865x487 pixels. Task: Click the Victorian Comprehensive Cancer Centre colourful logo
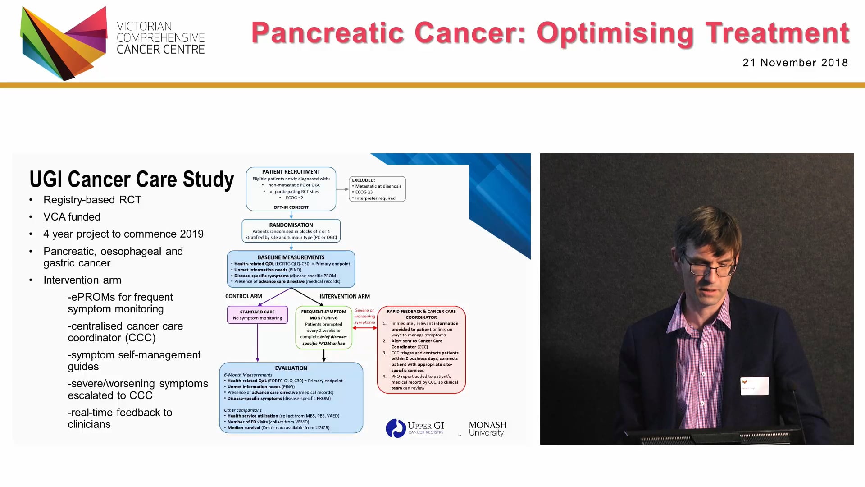click(x=64, y=43)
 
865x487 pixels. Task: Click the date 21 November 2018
click(x=795, y=63)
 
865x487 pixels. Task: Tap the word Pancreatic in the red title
click(x=328, y=33)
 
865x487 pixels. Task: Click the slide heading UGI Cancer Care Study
click(x=132, y=179)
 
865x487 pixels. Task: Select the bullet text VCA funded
click(x=72, y=217)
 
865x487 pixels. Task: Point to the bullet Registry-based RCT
click(x=92, y=200)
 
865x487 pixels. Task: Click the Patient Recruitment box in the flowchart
click(x=291, y=188)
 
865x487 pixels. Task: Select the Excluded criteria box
click(x=377, y=189)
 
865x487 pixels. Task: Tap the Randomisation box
click(x=291, y=231)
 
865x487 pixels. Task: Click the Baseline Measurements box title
click(x=291, y=257)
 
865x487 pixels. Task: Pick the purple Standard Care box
click(x=257, y=315)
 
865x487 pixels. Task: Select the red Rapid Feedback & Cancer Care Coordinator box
click(x=421, y=349)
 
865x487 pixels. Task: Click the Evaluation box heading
click(x=291, y=368)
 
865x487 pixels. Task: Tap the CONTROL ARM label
click(x=244, y=296)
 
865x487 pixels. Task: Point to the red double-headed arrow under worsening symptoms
click(x=364, y=328)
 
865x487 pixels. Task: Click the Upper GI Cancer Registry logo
click(x=415, y=428)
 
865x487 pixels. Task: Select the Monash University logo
click(x=487, y=428)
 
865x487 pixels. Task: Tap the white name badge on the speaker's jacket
click(x=754, y=386)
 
